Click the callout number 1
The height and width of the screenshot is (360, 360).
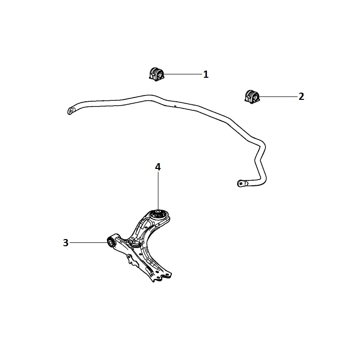click(x=206, y=74)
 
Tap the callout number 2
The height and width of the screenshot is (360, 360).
click(x=301, y=96)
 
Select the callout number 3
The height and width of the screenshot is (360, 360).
click(x=66, y=243)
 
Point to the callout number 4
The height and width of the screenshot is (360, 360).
click(x=158, y=167)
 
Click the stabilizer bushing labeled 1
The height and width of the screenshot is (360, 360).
click(x=156, y=74)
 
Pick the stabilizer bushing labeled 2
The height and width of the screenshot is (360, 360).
click(x=252, y=96)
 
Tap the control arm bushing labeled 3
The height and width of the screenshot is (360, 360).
click(x=111, y=242)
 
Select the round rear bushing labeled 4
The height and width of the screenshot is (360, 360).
click(x=158, y=216)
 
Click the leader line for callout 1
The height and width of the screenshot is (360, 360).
click(x=183, y=74)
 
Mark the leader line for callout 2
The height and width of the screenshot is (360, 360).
click(x=278, y=96)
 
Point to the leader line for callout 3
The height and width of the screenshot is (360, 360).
click(x=89, y=242)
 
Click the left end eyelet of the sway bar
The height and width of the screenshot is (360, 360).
click(x=71, y=111)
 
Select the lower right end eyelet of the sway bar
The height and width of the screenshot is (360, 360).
click(x=240, y=183)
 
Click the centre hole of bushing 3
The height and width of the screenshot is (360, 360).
click(x=111, y=242)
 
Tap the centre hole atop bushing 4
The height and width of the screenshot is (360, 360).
click(x=158, y=211)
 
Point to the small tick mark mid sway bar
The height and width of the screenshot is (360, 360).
click(x=175, y=106)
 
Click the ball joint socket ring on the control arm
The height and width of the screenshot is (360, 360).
click(x=135, y=245)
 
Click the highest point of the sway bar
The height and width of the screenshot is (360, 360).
click(x=149, y=95)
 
